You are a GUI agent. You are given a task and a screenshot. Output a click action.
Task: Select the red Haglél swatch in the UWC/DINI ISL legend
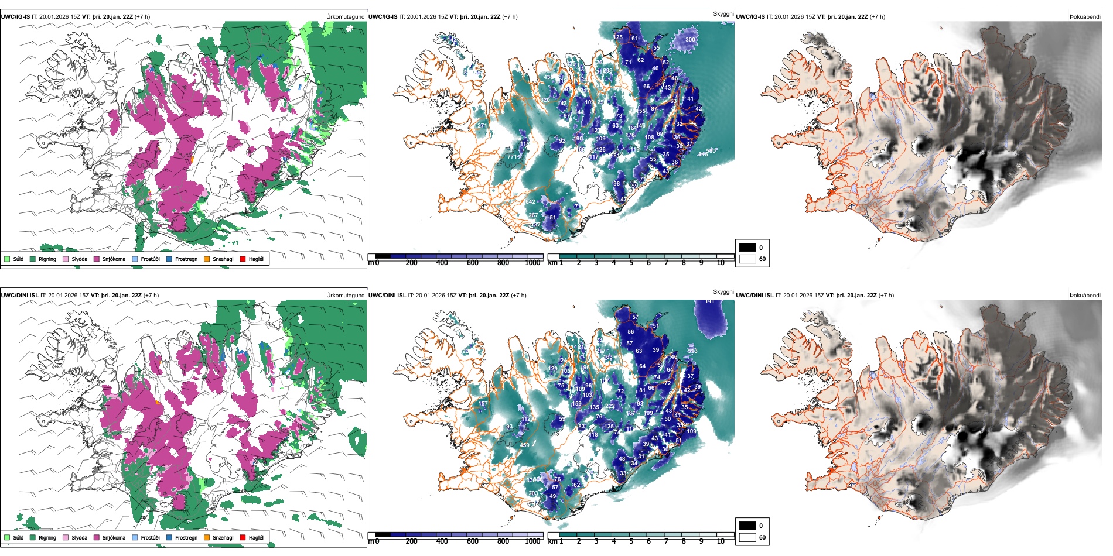(243, 537)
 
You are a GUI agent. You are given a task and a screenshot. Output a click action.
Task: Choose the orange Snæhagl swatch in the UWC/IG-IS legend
(207, 259)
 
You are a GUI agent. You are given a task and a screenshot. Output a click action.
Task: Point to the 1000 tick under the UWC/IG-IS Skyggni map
(532, 263)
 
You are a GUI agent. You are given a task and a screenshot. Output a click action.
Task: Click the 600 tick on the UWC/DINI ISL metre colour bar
(473, 541)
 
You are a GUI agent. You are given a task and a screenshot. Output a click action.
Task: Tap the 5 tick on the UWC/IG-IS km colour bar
(631, 263)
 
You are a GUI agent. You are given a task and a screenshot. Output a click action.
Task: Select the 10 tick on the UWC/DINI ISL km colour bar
(721, 541)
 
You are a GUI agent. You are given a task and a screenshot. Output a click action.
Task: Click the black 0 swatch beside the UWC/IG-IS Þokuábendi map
(747, 248)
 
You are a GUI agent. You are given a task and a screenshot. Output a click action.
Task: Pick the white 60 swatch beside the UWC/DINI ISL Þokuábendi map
(747, 537)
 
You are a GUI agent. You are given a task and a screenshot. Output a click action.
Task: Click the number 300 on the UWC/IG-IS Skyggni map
(690, 40)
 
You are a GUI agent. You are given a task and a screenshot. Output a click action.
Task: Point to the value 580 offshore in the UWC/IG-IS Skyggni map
(712, 151)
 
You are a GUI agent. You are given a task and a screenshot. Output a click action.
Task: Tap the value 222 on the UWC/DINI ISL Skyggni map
(610, 406)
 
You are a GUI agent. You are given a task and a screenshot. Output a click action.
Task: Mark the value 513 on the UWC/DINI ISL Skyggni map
(692, 351)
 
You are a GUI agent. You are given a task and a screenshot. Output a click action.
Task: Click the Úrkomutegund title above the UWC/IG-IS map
(345, 17)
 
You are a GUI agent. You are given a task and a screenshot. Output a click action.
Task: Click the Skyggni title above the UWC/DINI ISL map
(723, 291)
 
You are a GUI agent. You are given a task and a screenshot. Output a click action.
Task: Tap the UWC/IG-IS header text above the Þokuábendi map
(750, 17)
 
